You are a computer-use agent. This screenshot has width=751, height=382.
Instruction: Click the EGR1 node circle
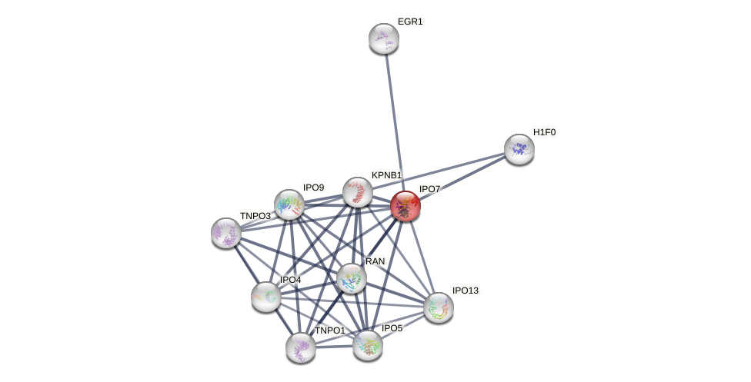click(383, 38)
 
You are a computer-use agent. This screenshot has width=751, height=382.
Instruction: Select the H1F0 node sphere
click(519, 149)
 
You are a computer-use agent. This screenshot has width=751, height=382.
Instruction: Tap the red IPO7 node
click(406, 206)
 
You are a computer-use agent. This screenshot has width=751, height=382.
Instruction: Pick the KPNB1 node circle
click(358, 192)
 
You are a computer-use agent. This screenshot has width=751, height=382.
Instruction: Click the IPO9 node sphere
click(289, 204)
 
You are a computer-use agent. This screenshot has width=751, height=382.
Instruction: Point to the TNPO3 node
click(226, 233)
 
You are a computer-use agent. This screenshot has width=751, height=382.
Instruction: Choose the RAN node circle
click(352, 278)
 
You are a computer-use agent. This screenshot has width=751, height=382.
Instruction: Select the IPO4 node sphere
click(266, 297)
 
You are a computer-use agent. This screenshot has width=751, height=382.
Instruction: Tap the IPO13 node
click(439, 307)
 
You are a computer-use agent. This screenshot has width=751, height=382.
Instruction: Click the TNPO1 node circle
click(301, 347)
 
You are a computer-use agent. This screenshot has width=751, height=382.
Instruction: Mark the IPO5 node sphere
click(368, 345)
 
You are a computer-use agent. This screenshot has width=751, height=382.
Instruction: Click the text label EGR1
click(410, 22)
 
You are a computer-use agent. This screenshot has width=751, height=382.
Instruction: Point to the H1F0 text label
click(544, 132)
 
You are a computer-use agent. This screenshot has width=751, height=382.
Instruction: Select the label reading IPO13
click(465, 291)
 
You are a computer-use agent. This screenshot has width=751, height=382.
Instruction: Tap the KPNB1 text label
click(386, 175)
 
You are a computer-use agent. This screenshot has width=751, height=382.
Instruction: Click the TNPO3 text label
click(255, 216)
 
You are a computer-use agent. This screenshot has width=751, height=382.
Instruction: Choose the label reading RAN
click(375, 261)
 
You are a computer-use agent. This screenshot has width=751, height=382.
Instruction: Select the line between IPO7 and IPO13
click(422, 256)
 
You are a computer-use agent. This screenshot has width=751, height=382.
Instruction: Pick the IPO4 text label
click(290, 280)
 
